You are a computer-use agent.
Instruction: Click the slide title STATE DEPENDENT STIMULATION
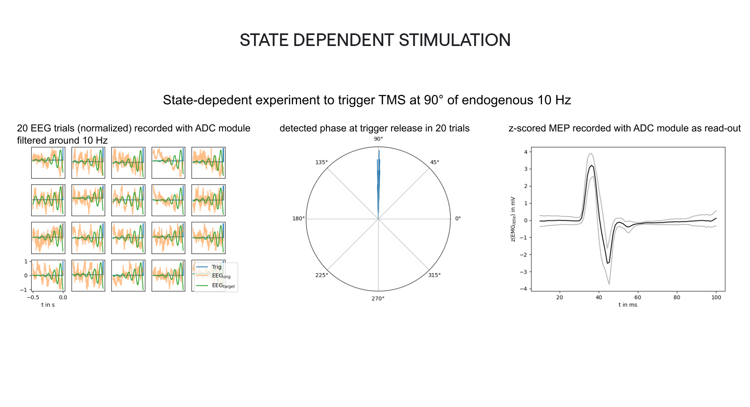tap(375, 40)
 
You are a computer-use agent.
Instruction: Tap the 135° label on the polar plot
tap(321, 162)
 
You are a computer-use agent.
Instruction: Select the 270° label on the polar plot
tap(378, 299)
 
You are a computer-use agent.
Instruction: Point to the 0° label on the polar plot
tap(458, 219)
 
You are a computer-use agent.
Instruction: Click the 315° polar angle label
tap(434, 275)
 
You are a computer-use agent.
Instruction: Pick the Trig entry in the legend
tap(216, 267)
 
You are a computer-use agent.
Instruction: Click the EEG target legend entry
tap(223, 286)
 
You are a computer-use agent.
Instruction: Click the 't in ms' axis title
tap(628, 305)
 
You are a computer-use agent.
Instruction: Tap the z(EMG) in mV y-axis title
tap(513, 219)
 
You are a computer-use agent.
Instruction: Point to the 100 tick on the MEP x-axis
tap(716, 298)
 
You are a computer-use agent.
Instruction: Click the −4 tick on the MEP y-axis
tap(525, 289)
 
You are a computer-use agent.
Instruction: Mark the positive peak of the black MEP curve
tap(591, 166)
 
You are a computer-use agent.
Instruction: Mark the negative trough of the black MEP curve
tap(608, 263)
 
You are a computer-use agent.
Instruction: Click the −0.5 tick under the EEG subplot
tap(33, 298)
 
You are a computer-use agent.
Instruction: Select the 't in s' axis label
tap(48, 305)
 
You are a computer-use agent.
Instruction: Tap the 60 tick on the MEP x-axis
tap(638, 298)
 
